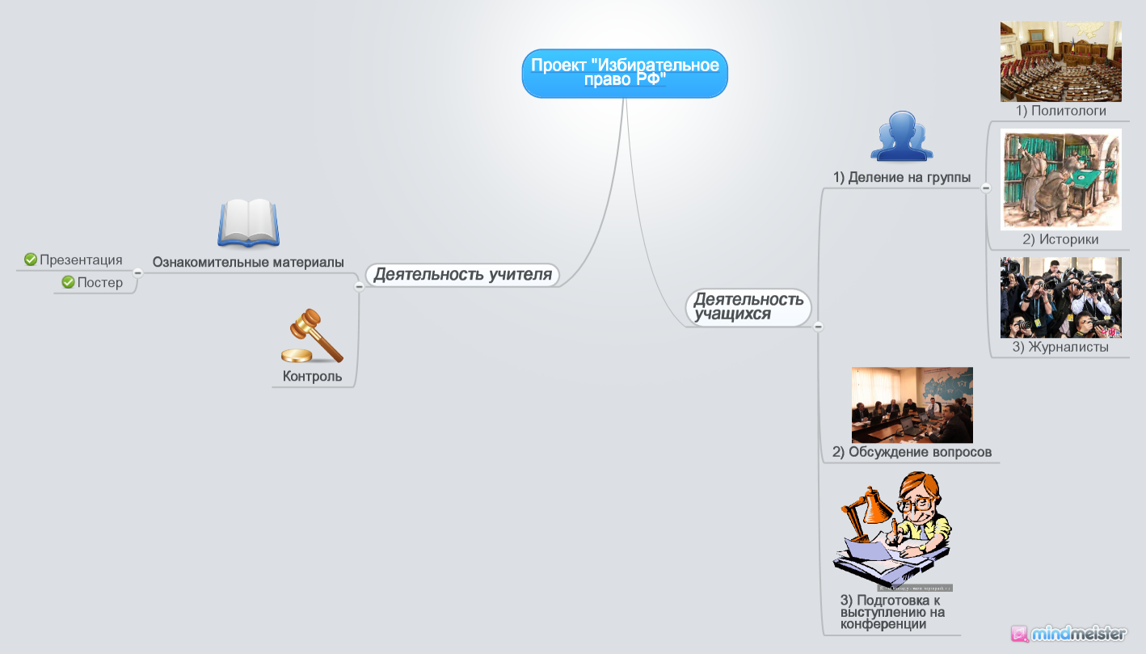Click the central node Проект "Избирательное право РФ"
pos(625,74)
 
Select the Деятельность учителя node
pos(462,275)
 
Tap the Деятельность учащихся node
pos(748,307)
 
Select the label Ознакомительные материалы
pos(248,263)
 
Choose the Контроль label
pos(312,377)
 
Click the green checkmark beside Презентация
pos(31,259)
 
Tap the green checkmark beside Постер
pos(68,282)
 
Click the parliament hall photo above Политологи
pos(1060,61)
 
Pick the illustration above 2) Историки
pos(1060,179)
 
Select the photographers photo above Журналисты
pos(1060,297)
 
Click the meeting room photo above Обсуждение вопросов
pos(912,404)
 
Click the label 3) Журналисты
pos(1060,348)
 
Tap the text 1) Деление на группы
pos(902,178)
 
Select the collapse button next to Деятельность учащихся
pos(818,327)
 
